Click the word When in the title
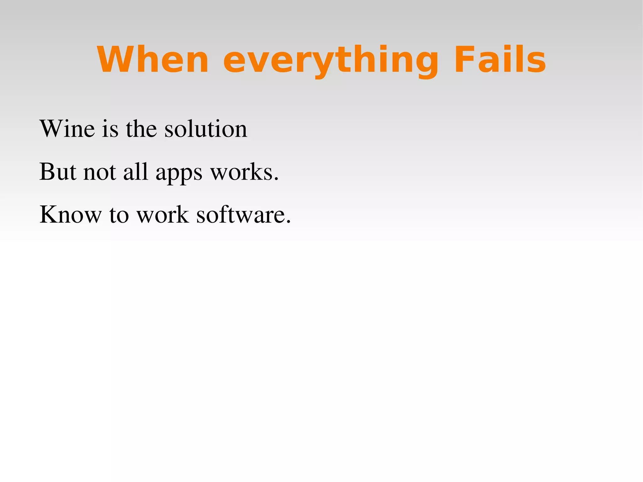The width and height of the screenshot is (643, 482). click(x=153, y=60)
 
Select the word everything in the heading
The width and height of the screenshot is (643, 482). click(x=331, y=60)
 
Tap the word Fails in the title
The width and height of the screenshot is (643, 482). click(x=500, y=60)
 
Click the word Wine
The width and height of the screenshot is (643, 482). click(x=67, y=129)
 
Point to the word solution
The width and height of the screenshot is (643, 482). click(x=206, y=129)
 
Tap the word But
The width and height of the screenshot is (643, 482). click(x=58, y=172)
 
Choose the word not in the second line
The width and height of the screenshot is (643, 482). click(x=100, y=172)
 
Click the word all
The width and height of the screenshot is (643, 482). click(x=136, y=172)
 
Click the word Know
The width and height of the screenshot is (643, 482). click(x=71, y=214)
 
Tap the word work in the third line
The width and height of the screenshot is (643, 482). click(x=163, y=214)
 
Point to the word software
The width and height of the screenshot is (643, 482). click(x=240, y=214)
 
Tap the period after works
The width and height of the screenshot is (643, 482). click(x=276, y=179)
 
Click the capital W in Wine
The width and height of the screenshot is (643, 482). click(x=51, y=129)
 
